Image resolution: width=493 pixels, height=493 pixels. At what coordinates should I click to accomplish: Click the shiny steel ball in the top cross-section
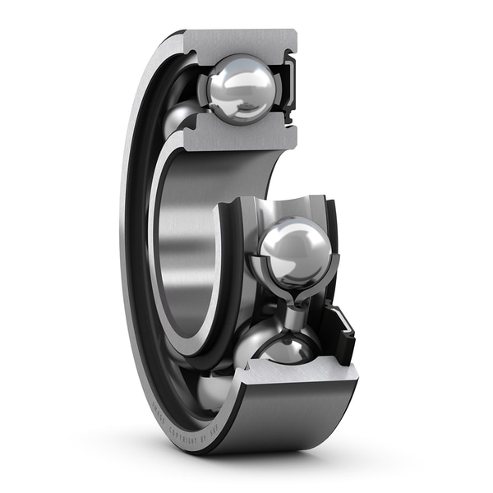tap(240, 89)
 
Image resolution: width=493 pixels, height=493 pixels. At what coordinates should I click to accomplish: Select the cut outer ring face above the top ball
tap(238, 41)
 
